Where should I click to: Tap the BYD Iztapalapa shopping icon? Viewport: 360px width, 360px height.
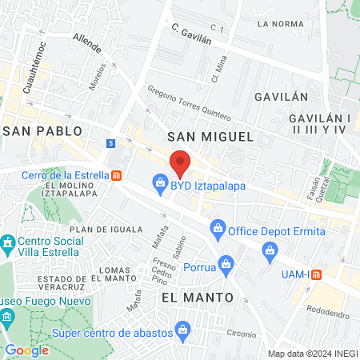click(159, 186)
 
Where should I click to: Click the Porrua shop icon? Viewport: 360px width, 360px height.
click(226, 263)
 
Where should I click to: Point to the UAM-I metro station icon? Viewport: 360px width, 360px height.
click(317, 274)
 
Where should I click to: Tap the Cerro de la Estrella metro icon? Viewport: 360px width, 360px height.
click(117, 175)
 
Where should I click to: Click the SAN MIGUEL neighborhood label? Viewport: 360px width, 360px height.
click(210, 137)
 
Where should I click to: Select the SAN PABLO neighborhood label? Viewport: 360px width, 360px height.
click(42, 130)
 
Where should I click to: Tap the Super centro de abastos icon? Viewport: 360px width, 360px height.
click(183, 328)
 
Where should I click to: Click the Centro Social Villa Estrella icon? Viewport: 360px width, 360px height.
click(8, 242)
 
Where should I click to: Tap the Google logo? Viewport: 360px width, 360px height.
click(27, 350)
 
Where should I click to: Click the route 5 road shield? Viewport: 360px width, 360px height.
click(110, 143)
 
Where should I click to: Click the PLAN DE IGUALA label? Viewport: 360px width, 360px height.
click(124, 230)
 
